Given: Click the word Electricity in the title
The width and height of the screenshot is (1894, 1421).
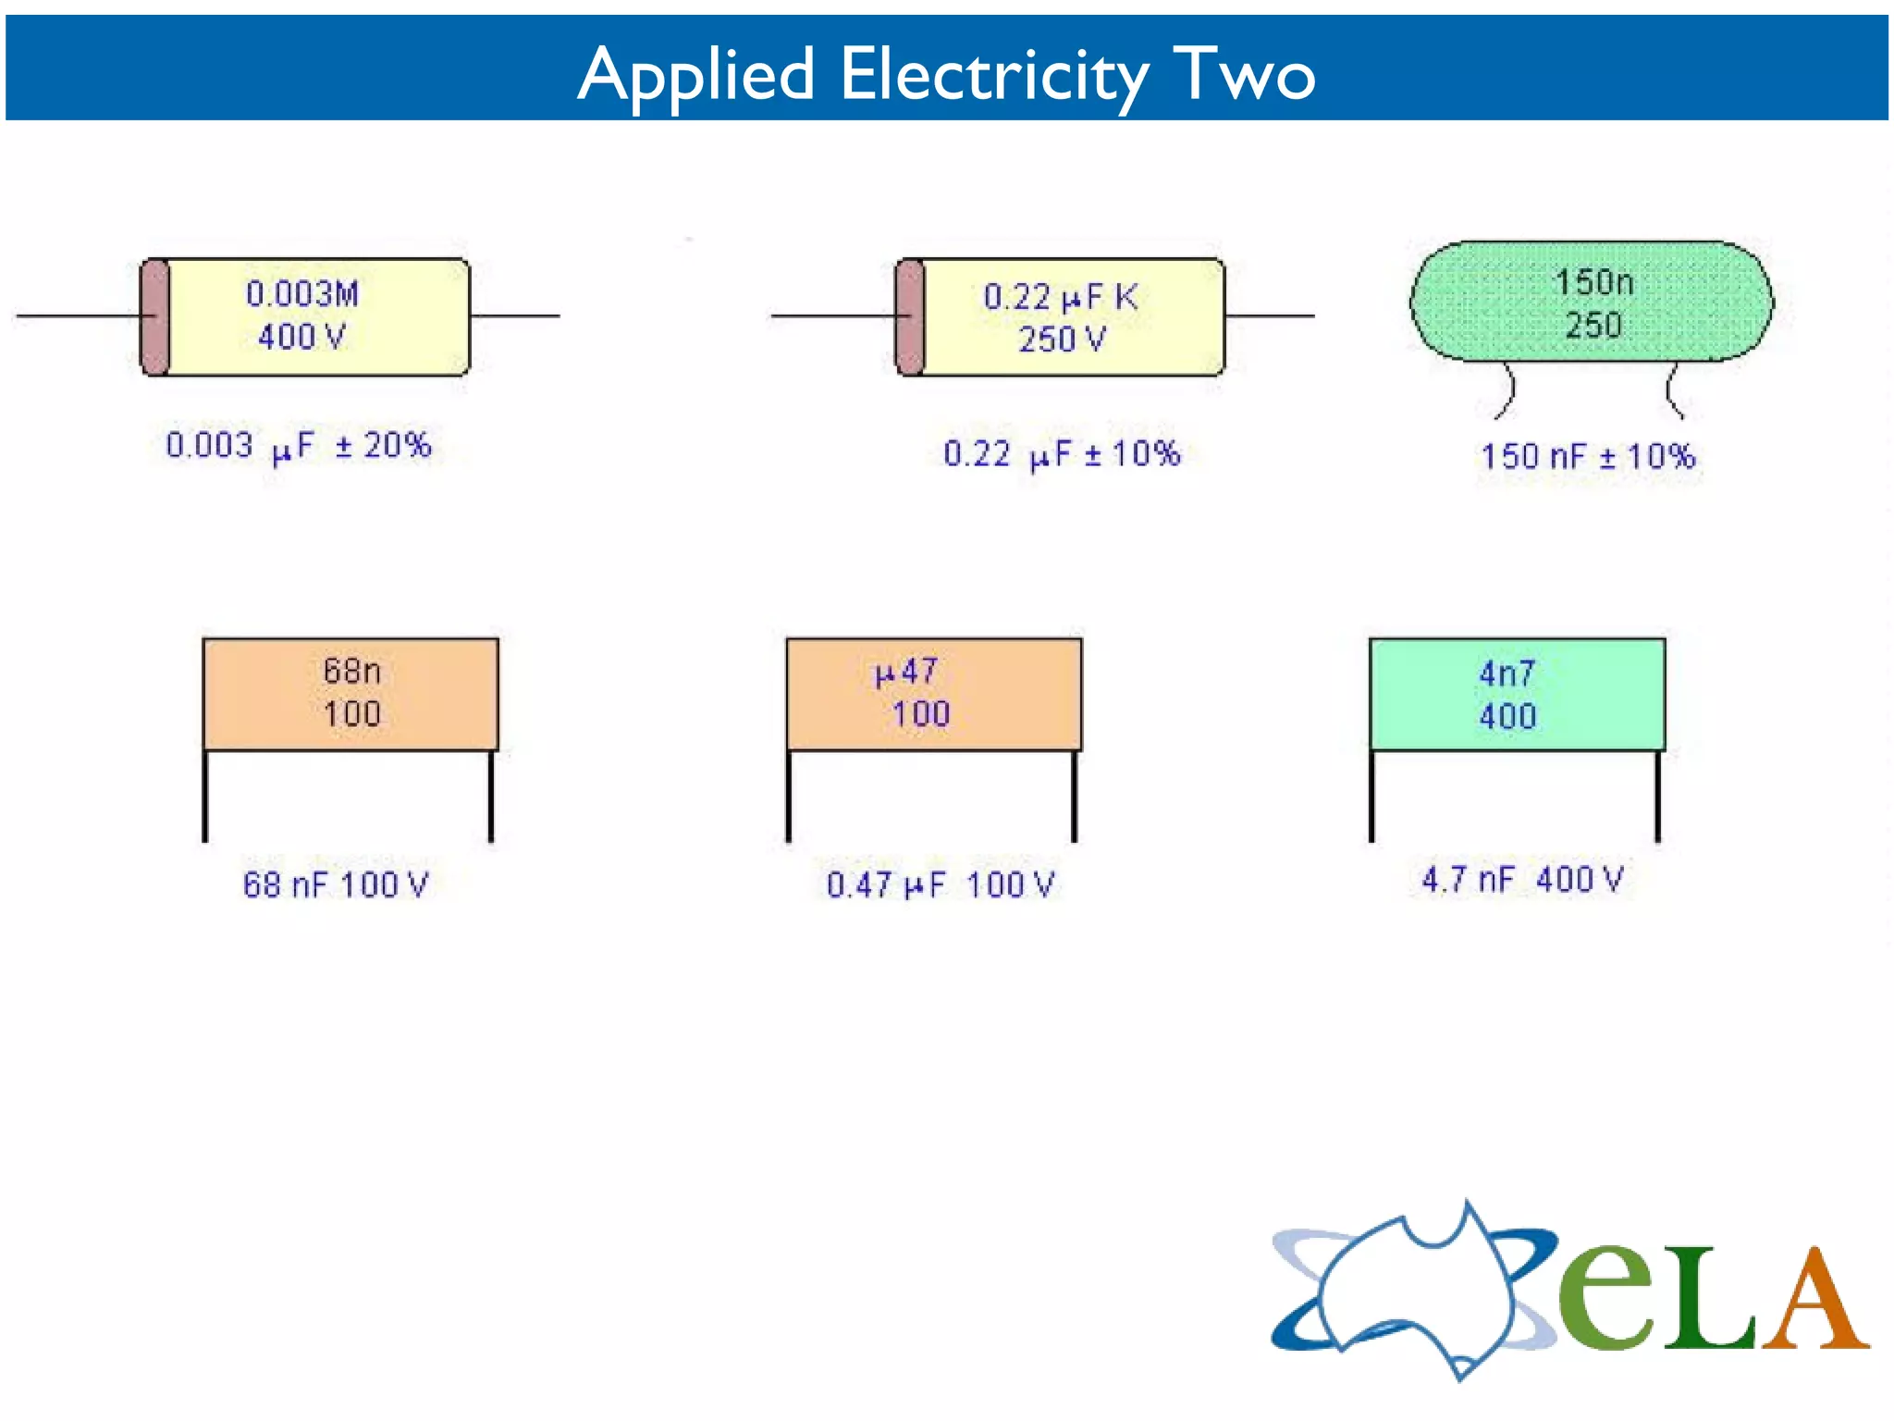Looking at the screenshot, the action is (994, 75).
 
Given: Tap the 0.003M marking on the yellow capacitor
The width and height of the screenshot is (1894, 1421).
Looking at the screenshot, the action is (301, 294).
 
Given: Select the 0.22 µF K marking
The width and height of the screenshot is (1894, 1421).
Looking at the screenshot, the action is (1060, 297).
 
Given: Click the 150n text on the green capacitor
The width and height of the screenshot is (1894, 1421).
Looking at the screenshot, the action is (1593, 282).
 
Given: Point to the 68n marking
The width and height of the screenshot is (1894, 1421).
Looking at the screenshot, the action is (351, 671).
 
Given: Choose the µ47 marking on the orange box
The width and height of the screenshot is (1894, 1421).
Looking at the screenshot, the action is (906, 672).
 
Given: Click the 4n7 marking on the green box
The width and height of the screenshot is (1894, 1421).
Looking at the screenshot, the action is (1507, 673).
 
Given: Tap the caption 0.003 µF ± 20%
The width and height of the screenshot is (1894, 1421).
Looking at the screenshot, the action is (299, 446).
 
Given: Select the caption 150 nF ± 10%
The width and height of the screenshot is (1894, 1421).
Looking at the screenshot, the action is (1588, 456).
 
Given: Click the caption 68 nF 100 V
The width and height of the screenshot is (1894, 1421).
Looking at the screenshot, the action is (336, 884).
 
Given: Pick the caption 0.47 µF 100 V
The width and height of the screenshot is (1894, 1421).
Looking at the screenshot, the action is (940, 884).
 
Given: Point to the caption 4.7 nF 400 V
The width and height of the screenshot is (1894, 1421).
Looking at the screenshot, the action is (1522, 879).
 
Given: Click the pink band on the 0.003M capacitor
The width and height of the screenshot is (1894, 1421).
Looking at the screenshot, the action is (155, 317).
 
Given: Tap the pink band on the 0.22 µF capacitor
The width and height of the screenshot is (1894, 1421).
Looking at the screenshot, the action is (911, 317).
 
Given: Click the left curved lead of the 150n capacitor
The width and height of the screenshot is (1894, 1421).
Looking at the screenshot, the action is (1507, 391).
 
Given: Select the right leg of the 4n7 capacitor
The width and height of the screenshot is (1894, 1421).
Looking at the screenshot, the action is (1658, 796).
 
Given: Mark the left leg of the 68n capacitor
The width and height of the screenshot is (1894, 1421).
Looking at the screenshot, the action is (205, 796).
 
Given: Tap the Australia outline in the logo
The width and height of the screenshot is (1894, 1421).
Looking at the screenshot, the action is (1415, 1286).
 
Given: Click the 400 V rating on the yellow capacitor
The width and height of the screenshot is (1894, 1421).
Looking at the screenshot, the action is (301, 336).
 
